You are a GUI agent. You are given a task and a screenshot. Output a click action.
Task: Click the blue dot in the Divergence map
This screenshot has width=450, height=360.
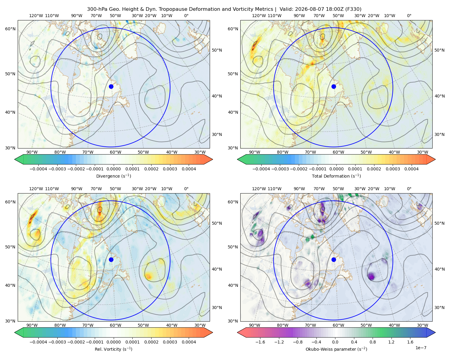(x=111, y=86)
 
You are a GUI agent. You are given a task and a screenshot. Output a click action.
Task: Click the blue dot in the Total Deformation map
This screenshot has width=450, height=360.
(x=334, y=86)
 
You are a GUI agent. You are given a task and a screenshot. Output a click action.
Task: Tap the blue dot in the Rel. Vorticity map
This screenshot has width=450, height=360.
(x=111, y=259)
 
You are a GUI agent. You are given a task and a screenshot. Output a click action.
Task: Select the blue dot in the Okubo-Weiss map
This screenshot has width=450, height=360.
(x=334, y=259)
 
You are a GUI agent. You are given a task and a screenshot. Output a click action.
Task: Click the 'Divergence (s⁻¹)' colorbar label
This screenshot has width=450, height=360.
(x=113, y=176)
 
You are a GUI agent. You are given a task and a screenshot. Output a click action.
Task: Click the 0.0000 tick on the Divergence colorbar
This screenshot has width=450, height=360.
(x=113, y=169)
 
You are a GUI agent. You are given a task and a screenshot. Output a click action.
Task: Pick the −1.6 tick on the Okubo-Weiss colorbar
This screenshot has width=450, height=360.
(x=260, y=342)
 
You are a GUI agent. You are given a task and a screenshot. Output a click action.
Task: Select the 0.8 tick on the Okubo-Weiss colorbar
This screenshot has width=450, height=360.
(x=373, y=342)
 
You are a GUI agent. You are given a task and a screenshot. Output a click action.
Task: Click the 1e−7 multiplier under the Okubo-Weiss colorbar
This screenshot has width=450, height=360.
(x=421, y=348)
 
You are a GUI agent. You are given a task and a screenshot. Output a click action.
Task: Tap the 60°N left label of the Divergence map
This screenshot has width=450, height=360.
(x=10, y=29)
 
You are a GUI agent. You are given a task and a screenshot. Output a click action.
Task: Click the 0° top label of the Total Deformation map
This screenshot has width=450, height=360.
(x=409, y=16)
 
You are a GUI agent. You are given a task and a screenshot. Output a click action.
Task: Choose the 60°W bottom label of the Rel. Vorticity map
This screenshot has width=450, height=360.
(x=115, y=325)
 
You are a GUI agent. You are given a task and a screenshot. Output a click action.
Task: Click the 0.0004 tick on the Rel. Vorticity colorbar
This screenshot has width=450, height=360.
(x=189, y=342)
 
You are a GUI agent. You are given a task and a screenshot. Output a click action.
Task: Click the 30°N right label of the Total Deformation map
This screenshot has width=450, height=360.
(x=439, y=134)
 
